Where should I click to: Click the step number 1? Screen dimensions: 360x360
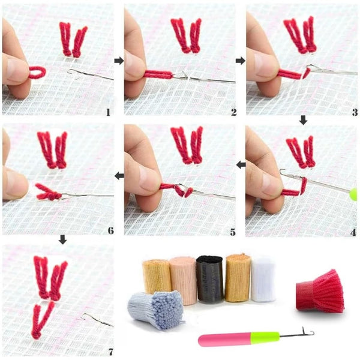[108, 112]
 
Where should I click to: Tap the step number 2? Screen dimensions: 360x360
[234, 112]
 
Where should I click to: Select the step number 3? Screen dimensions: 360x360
[355, 112]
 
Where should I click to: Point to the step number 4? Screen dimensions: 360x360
[353, 233]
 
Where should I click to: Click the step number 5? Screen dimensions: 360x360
[233, 232]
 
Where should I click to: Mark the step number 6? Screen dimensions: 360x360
[111, 230]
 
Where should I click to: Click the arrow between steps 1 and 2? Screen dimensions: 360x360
[119, 61]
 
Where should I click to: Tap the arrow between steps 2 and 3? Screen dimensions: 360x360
[241, 61]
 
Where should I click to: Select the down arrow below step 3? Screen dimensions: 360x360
[303, 120]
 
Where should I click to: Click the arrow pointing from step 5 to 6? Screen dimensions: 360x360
[119, 176]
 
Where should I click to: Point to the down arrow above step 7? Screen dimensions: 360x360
[62, 239]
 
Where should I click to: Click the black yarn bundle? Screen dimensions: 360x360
[210, 279]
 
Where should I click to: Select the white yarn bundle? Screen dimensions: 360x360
[263, 279]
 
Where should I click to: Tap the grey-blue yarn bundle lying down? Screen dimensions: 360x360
[156, 309]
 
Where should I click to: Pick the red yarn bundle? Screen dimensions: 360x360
[320, 292]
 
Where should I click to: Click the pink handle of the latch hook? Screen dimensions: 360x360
[224, 340]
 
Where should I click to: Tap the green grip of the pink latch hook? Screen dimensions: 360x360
[265, 337]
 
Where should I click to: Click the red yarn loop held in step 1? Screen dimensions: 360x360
[37, 73]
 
